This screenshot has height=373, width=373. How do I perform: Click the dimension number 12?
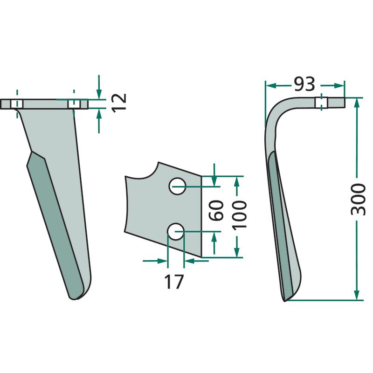click(x=119, y=103)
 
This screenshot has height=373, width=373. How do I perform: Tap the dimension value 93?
click(x=304, y=84)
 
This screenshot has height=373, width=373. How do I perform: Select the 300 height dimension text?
click(x=358, y=199)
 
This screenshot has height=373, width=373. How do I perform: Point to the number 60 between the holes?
click(x=216, y=210)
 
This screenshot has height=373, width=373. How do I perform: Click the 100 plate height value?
click(x=240, y=215)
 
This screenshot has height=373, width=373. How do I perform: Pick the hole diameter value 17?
click(x=174, y=282)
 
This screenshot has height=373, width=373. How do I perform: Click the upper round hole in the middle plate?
click(x=177, y=186)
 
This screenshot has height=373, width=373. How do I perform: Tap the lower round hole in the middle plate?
click(x=176, y=231)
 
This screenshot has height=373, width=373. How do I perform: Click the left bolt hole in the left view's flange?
click(x=17, y=104)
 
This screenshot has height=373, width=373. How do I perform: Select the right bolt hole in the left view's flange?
click(x=74, y=104)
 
